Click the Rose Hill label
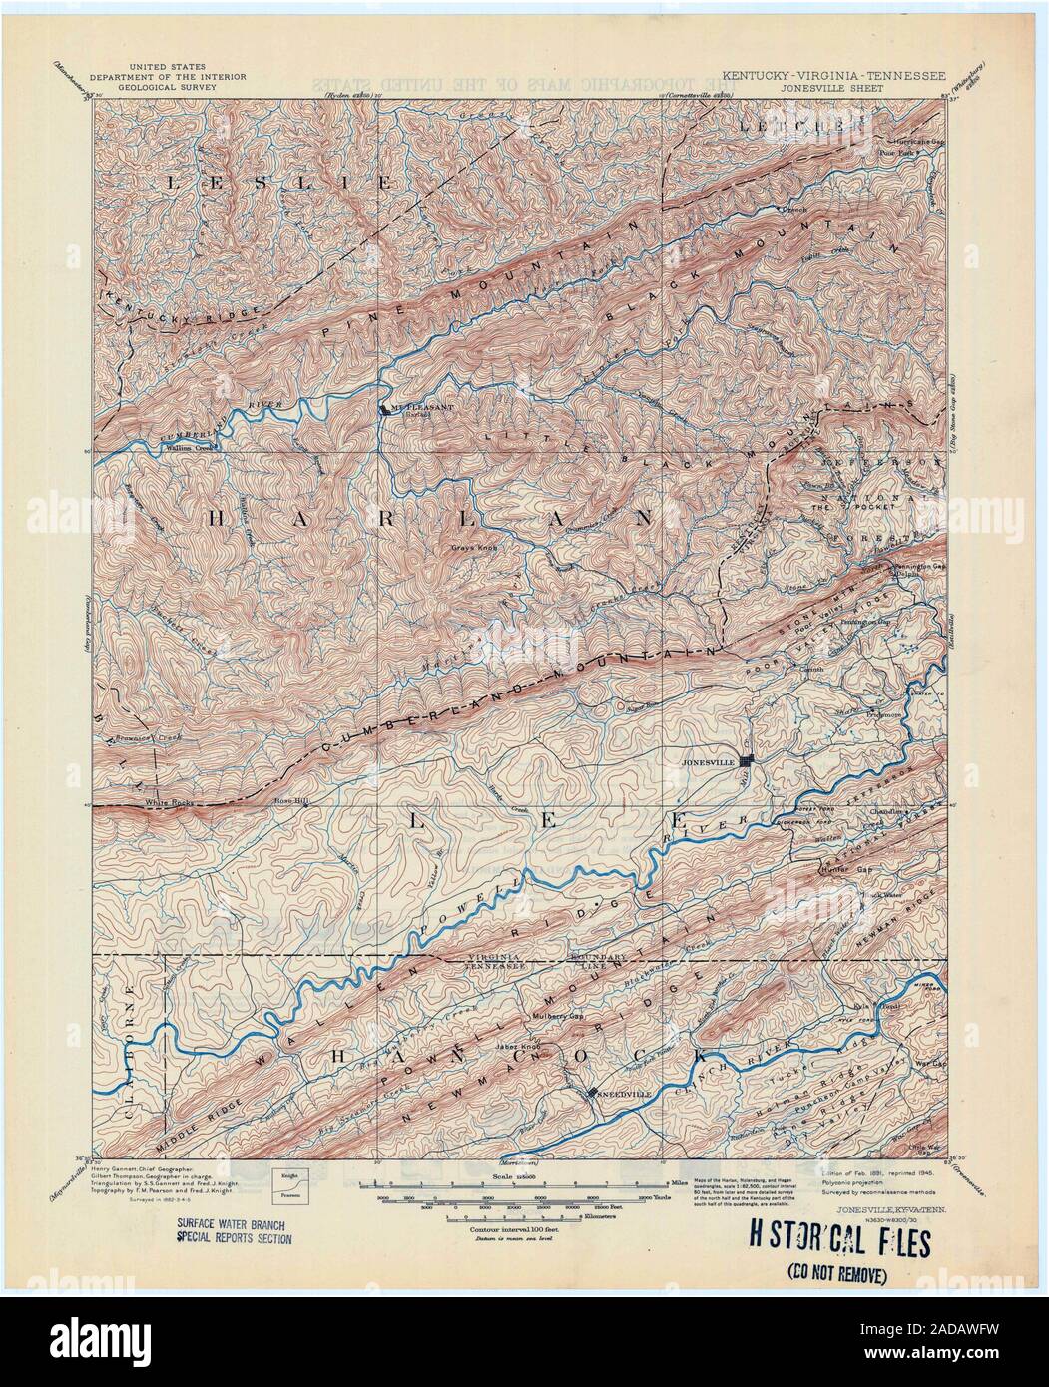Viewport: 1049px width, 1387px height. (x=292, y=801)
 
